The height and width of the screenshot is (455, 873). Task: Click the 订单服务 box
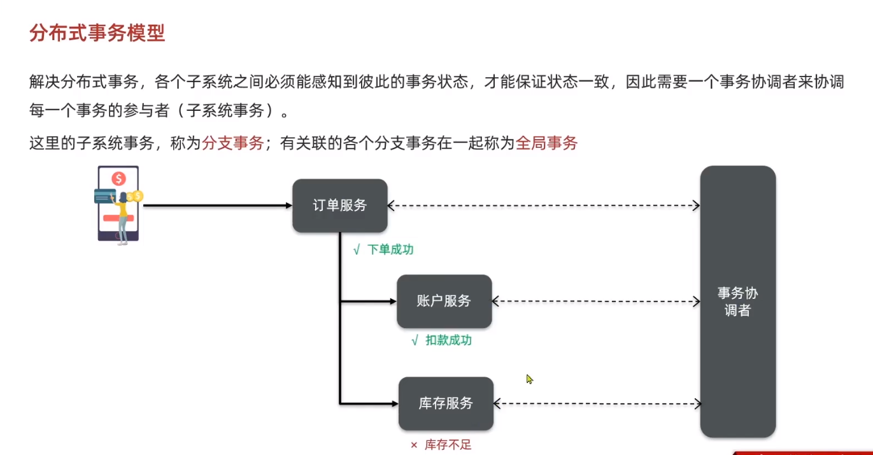point(340,205)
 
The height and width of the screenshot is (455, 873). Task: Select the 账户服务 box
point(444,301)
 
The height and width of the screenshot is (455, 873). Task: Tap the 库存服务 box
point(446,403)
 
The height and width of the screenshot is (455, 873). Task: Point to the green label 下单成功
point(390,250)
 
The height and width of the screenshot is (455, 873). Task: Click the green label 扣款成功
point(449,340)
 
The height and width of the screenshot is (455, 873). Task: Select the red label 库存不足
point(448,445)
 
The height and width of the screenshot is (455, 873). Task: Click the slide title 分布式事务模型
point(97,33)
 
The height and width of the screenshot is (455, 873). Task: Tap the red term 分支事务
point(232,143)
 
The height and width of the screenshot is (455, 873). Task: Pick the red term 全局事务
point(546,143)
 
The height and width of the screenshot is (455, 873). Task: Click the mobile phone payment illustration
point(118,204)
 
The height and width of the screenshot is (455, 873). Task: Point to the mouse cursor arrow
point(529,379)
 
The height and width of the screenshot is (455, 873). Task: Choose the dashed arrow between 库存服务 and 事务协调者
point(597,403)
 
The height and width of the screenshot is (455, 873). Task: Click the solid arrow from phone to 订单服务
point(216,205)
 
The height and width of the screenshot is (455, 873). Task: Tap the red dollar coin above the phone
point(118,178)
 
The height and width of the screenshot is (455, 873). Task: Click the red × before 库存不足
point(413,445)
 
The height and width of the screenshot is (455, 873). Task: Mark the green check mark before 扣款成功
point(415,341)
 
